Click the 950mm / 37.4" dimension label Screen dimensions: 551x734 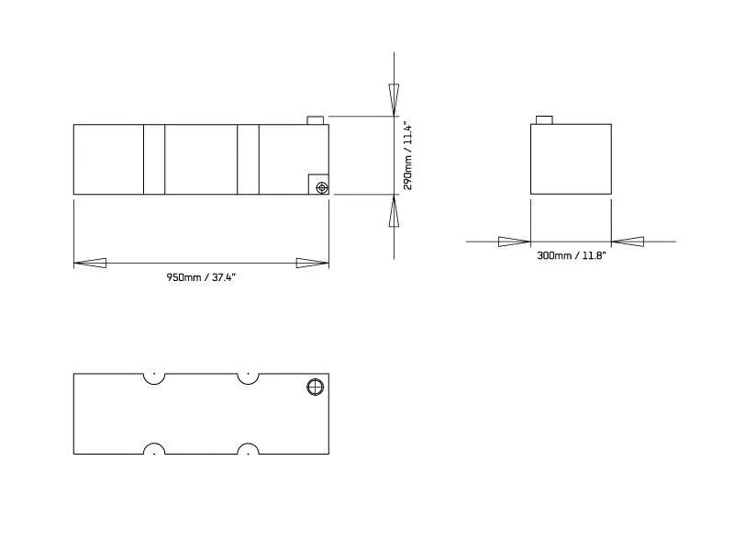click(x=201, y=277)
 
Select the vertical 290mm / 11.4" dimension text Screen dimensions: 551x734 click(x=409, y=156)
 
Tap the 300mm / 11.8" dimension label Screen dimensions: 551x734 click(x=571, y=256)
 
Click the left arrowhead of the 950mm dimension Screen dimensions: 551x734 click(x=90, y=263)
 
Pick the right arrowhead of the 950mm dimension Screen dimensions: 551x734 click(x=313, y=263)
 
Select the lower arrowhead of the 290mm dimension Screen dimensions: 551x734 click(x=394, y=213)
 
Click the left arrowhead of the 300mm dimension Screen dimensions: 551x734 click(x=514, y=242)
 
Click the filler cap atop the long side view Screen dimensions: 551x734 click(x=315, y=119)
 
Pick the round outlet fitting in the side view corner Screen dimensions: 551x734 click(x=320, y=187)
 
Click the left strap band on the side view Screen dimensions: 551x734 click(x=154, y=159)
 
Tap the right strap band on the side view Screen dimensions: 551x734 click(x=248, y=159)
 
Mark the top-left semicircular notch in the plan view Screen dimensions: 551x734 click(x=154, y=377)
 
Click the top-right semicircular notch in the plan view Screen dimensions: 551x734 click(x=247, y=377)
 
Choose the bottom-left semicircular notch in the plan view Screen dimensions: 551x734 click(x=154, y=449)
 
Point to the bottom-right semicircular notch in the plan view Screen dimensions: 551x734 click(x=247, y=449)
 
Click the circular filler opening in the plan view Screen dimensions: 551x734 click(x=315, y=388)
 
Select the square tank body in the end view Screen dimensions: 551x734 click(x=571, y=159)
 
